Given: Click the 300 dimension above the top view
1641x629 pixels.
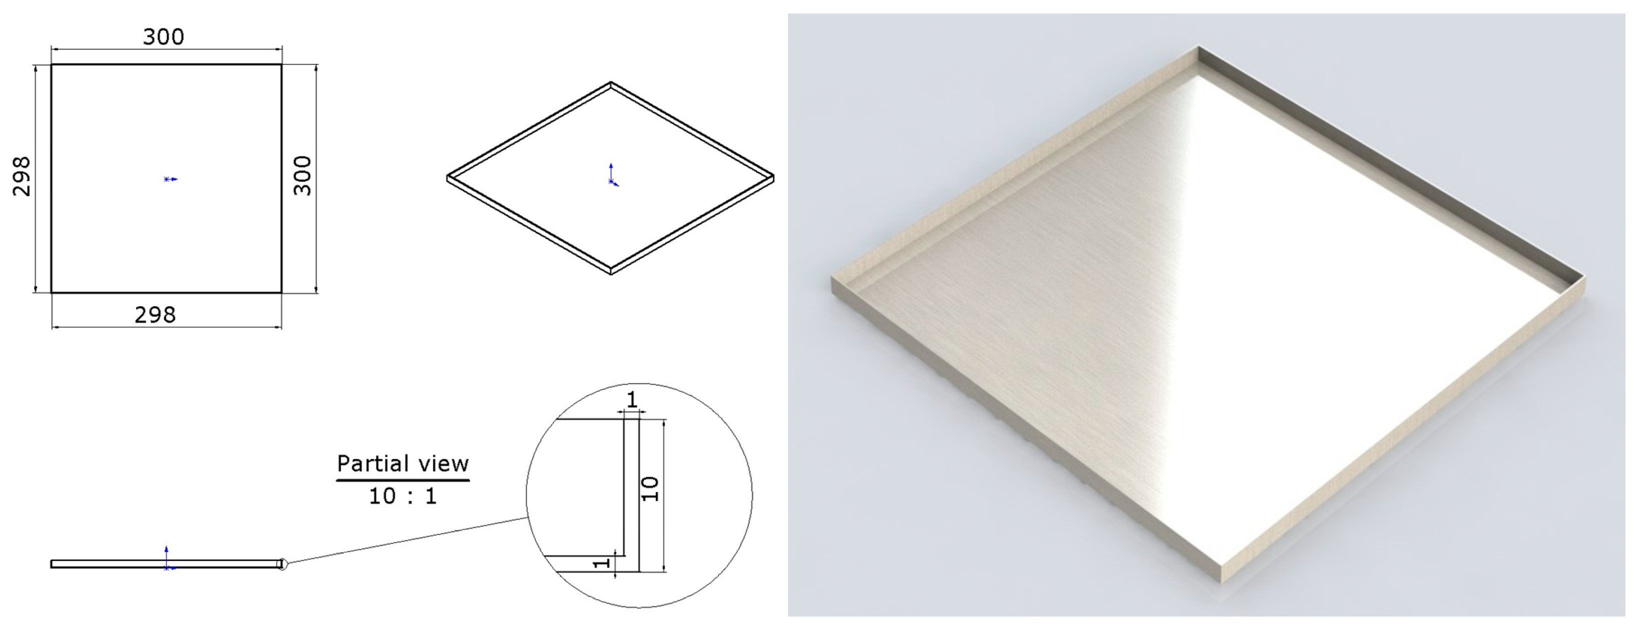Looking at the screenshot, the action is click(163, 37).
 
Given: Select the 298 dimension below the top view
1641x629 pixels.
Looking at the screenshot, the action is click(155, 315).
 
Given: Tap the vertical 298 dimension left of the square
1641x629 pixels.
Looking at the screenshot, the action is click(21, 176).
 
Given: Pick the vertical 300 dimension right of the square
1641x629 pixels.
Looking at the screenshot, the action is click(302, 176).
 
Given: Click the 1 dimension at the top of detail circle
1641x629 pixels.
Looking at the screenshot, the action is click(631, 400).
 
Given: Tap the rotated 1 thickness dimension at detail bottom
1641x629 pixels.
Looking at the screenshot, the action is click(601, 563).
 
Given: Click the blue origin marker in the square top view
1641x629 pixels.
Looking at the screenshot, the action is click(169, 179).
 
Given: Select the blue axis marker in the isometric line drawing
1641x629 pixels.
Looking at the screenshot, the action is click(612, 175).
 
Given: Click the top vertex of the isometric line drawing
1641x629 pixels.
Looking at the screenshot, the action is click(611, 82).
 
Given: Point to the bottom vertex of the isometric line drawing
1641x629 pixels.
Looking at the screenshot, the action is click(611, 274).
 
